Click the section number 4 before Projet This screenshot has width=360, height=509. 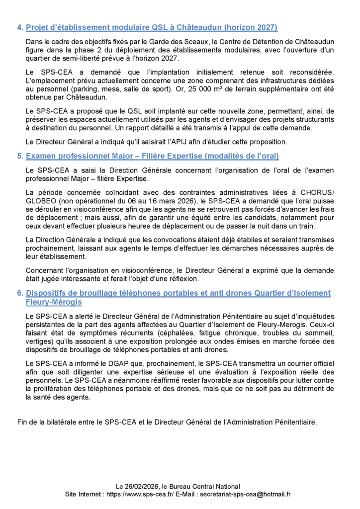coord(19,27)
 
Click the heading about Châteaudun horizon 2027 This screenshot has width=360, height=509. coord(152,27)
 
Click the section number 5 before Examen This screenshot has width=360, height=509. coord(19,156)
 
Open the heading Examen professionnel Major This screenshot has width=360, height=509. coord(152,156)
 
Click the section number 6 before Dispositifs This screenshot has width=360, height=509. coord(19,293)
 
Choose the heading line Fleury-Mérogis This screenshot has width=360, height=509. coord(54,302)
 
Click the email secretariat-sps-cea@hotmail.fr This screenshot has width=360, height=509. coord(244,494)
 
